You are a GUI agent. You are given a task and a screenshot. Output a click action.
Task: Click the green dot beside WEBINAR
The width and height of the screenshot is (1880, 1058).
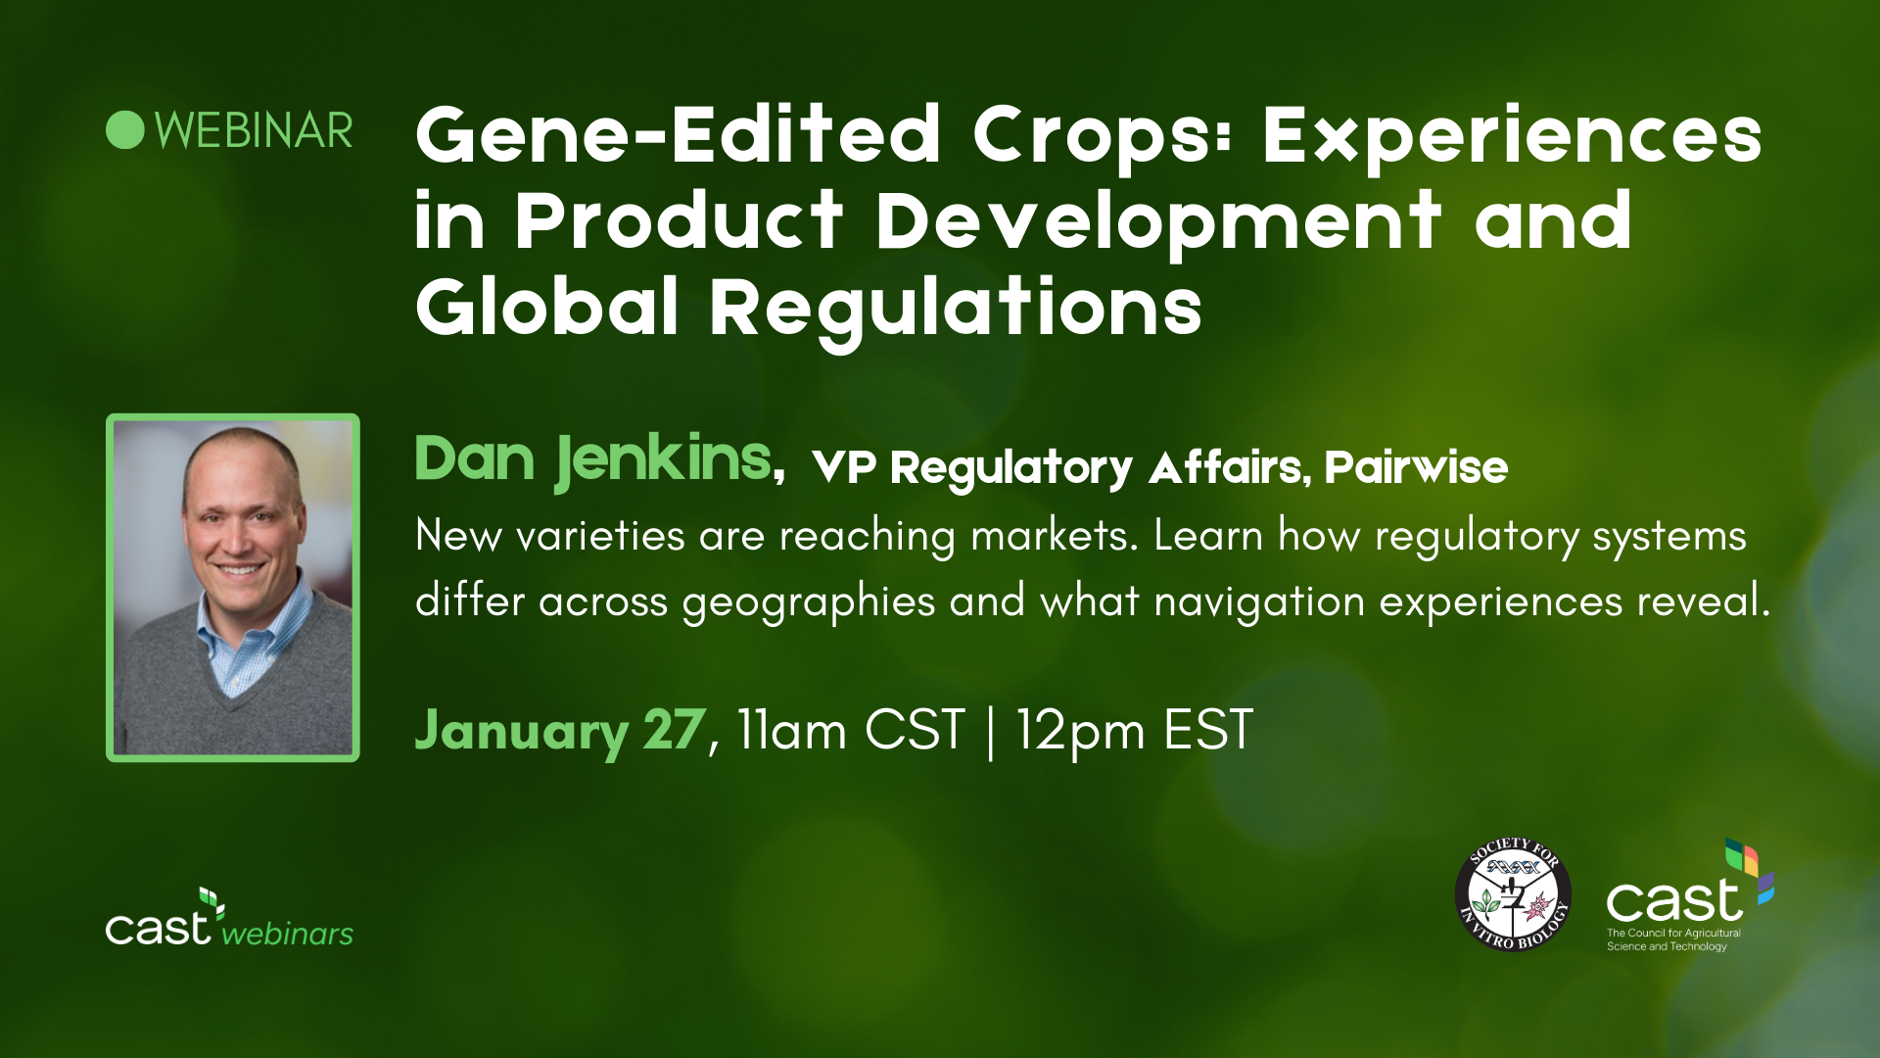click(125, 130)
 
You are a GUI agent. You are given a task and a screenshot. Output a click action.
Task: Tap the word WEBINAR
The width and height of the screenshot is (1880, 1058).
click(254, 131)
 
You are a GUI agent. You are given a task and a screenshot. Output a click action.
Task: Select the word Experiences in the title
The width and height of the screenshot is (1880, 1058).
click(1512, 137)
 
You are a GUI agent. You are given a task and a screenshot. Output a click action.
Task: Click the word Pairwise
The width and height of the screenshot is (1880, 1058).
click(1416, 467)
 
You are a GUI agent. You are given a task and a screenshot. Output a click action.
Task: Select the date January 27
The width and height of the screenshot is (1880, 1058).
click(560, 731)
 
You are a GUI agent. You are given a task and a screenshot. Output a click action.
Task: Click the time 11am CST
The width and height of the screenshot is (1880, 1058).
click(851, 731)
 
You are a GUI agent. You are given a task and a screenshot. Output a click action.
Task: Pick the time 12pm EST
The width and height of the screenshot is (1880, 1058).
click(1134, 731)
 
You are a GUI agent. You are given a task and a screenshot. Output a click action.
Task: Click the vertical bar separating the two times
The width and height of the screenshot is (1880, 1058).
click(991, 731)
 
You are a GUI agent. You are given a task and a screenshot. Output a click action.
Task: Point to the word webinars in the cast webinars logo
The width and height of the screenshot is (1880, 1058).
click(287, 935)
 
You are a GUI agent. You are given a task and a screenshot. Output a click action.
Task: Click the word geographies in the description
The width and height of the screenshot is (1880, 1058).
click(808, 601)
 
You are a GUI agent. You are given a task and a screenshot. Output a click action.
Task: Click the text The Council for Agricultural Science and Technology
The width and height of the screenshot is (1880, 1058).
click(1673, 939)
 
